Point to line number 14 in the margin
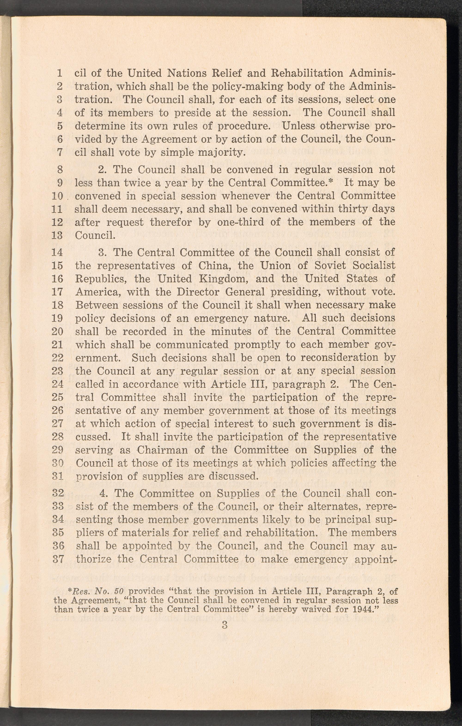[x=57, y=252]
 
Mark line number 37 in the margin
[x=57, y=559]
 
